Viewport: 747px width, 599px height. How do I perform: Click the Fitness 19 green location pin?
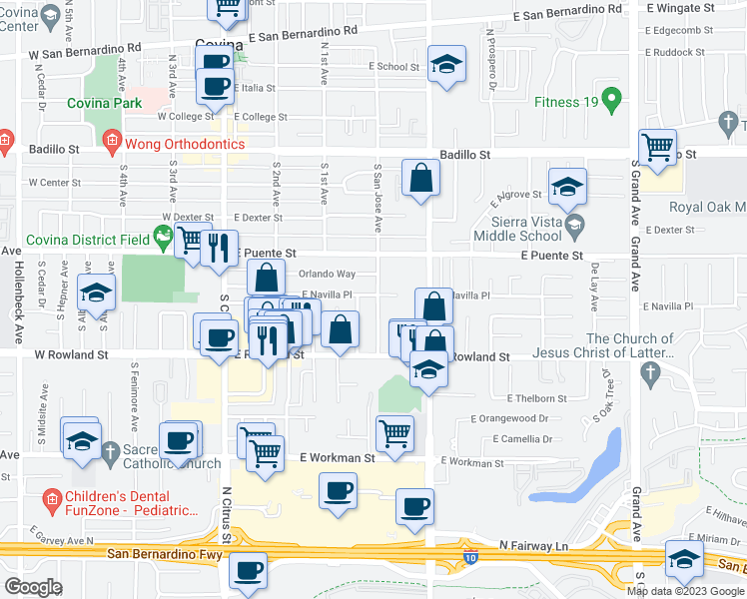616,101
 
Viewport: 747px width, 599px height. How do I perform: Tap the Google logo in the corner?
33,587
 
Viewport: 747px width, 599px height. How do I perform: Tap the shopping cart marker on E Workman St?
395,434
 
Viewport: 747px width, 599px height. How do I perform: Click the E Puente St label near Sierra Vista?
550,256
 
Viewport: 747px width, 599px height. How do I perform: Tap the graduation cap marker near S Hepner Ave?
96,292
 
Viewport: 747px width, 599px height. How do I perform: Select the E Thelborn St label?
536,397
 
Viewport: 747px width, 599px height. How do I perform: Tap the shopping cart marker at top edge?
228,7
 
